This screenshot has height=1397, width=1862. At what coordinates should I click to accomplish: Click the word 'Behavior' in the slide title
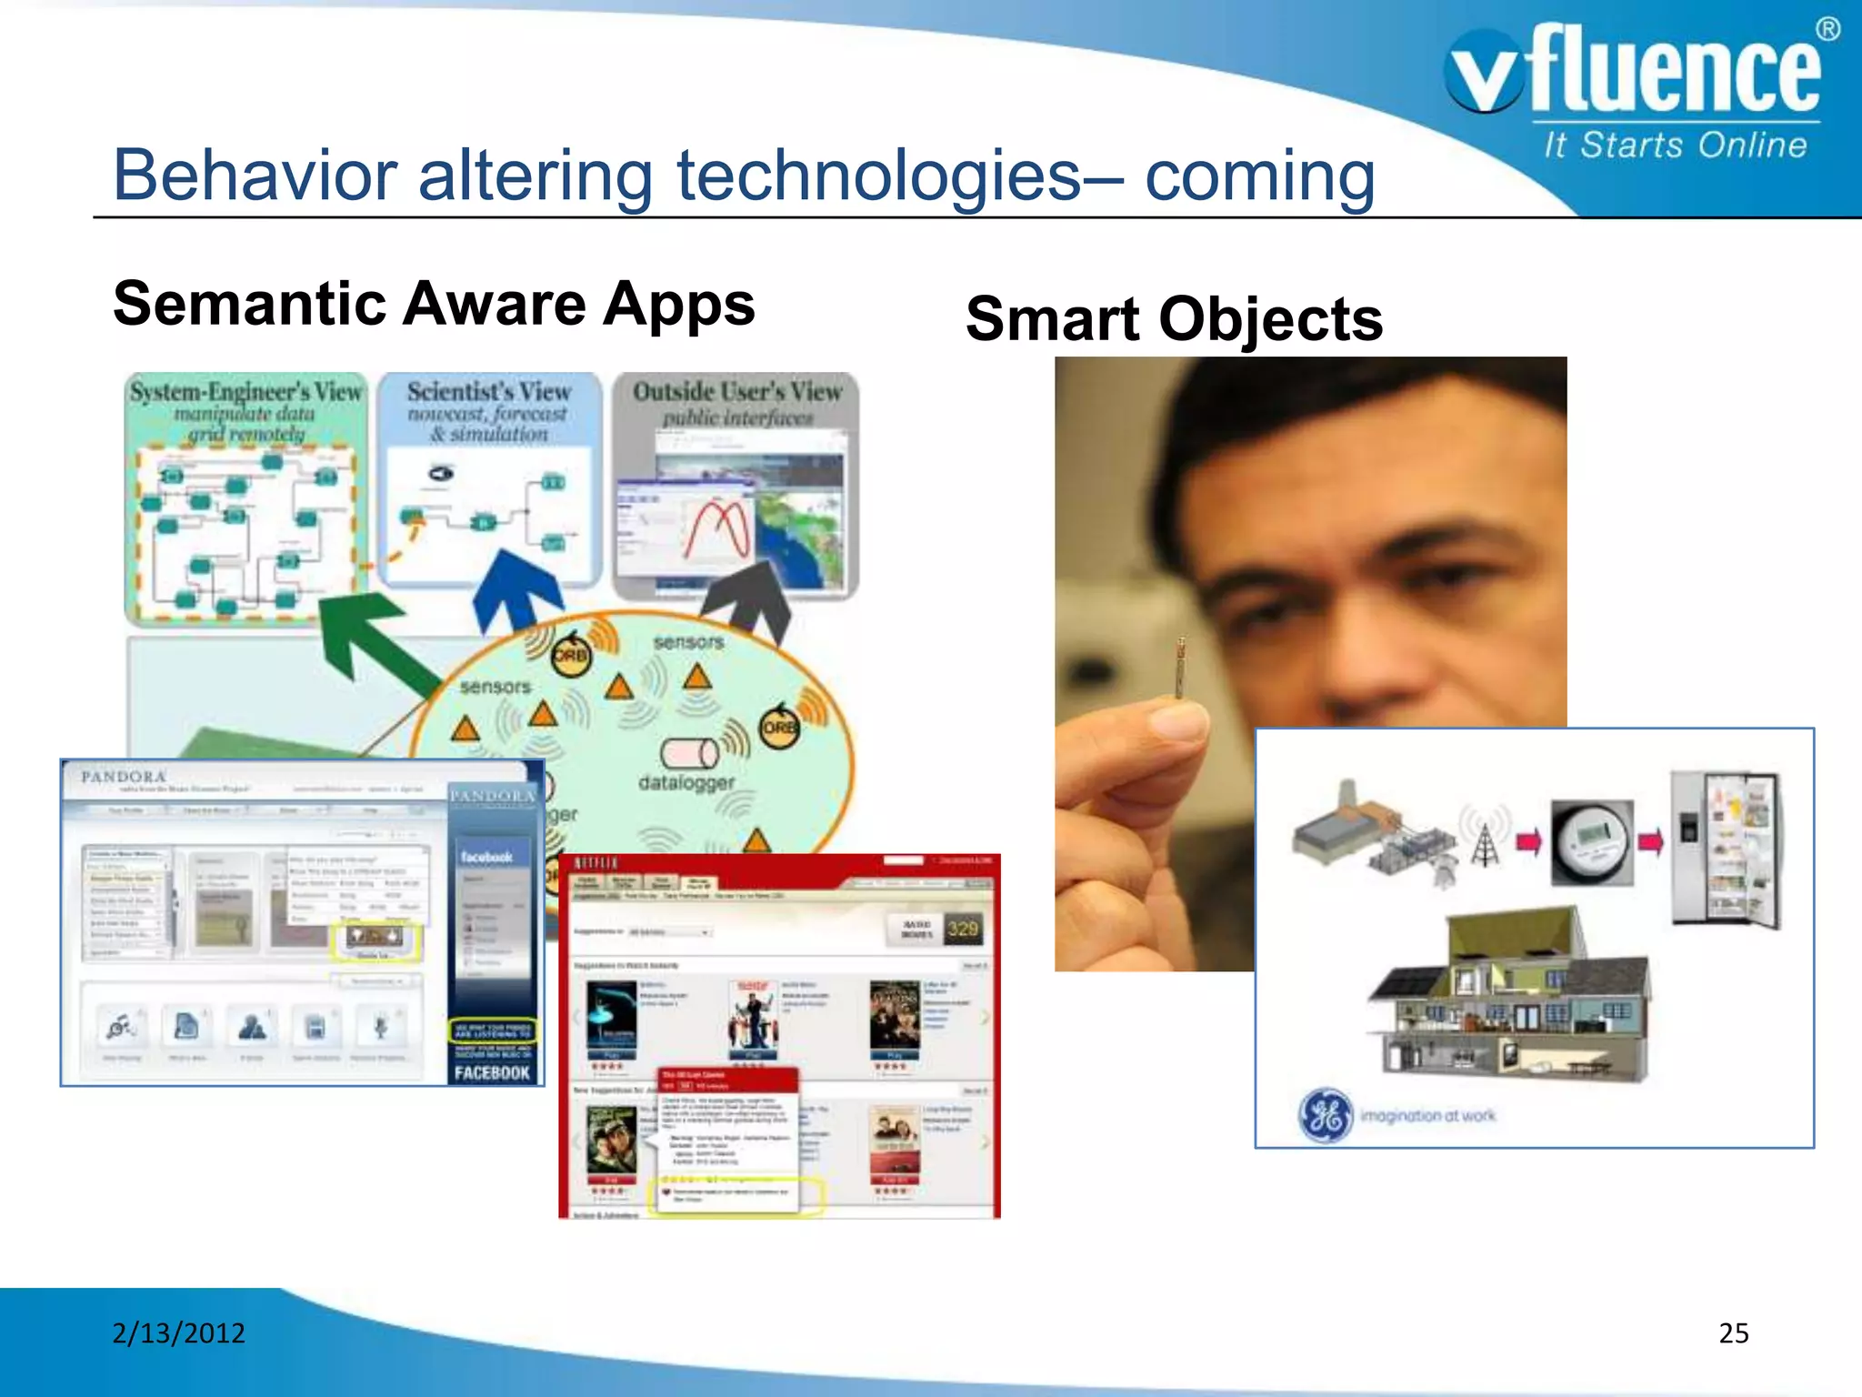tap(255, 176)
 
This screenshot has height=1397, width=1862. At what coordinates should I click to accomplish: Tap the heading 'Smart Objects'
tap(1174, 319)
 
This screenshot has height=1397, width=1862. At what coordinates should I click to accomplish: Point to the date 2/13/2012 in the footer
tap(179, 1332)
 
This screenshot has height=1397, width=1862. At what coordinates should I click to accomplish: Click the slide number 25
tap(1733, 1332)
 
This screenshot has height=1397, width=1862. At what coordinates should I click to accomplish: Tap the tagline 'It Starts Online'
tap(1675, 146)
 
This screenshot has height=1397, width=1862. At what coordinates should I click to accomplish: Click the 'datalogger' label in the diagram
tap(686, 782)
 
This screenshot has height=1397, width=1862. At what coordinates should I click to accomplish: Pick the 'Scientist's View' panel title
tap(489, 392)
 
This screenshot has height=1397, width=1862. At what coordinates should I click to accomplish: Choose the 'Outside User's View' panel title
tap(737, 392)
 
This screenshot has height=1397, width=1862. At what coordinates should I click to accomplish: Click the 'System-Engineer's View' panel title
tap(245, 392)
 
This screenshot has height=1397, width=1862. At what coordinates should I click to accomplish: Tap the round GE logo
tap(1326, 1114)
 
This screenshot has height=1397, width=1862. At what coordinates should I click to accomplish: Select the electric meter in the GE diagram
tap(1591, 841)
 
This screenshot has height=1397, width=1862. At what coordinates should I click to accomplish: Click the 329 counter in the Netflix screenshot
tap(962, 929)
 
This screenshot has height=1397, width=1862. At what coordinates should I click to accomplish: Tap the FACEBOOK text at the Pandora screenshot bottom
tap(492, 1072)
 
